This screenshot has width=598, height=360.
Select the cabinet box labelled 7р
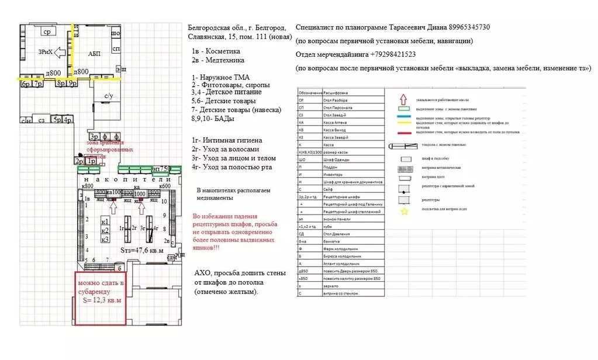39,84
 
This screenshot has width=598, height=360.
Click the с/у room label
109,96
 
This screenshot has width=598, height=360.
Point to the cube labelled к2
105,230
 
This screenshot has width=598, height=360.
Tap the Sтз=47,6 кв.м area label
142,250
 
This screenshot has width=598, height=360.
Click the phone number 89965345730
469,27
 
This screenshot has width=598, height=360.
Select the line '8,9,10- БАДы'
213,119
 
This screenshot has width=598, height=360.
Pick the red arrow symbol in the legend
402,100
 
